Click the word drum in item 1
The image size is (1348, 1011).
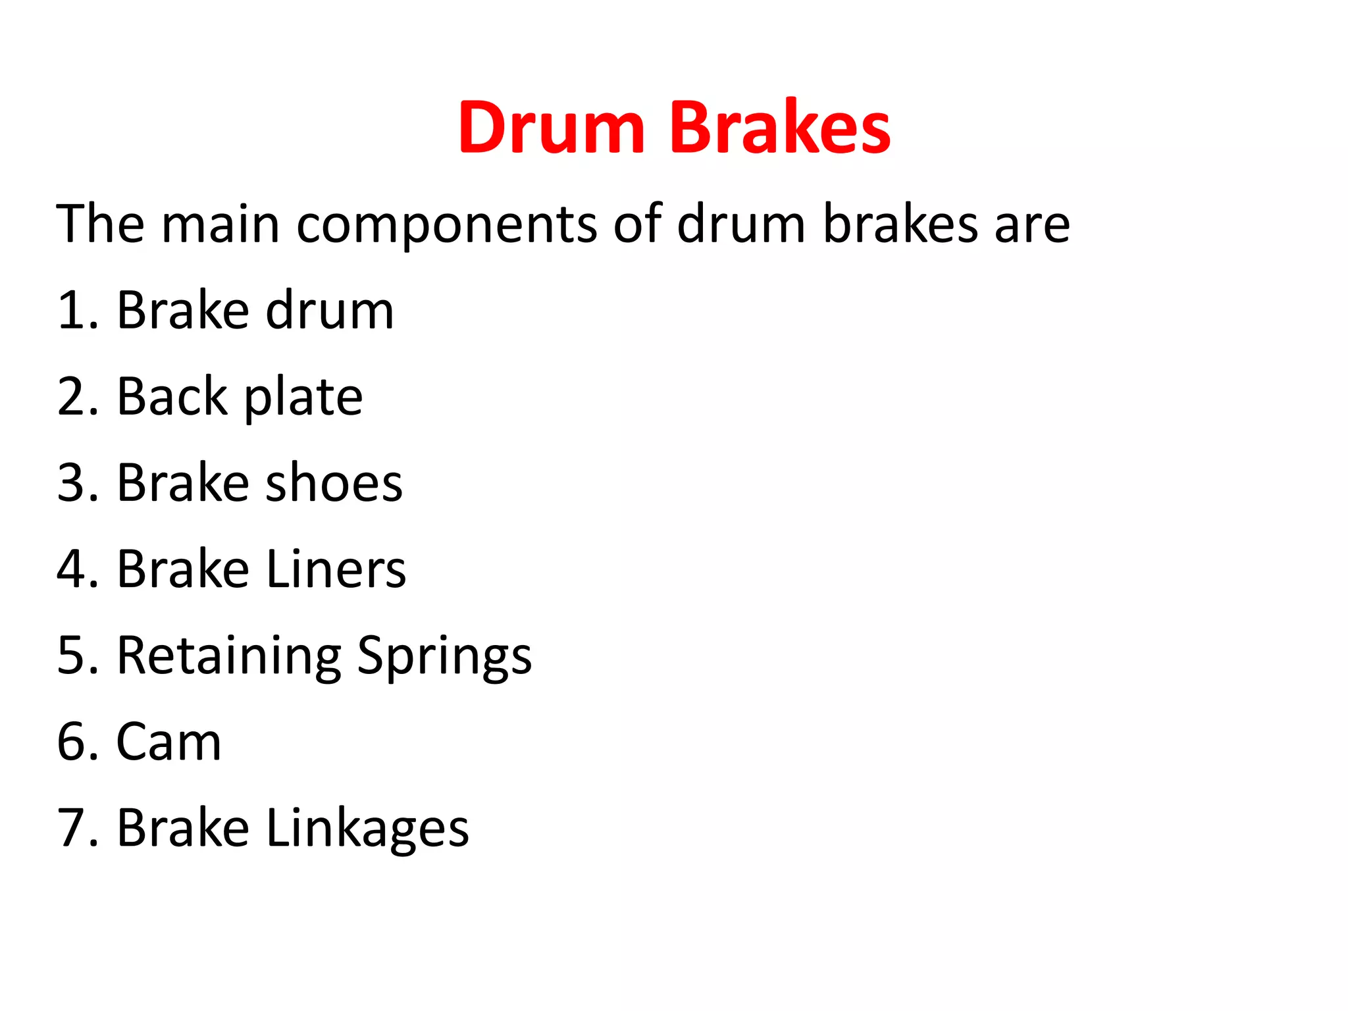[330, 310]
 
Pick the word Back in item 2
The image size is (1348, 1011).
[172, 396]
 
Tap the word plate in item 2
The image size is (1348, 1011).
[303, 398]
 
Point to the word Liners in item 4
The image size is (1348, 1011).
[336, 569]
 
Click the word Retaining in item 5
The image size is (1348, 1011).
[229, 656]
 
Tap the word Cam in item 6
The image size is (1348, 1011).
[168, 742]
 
